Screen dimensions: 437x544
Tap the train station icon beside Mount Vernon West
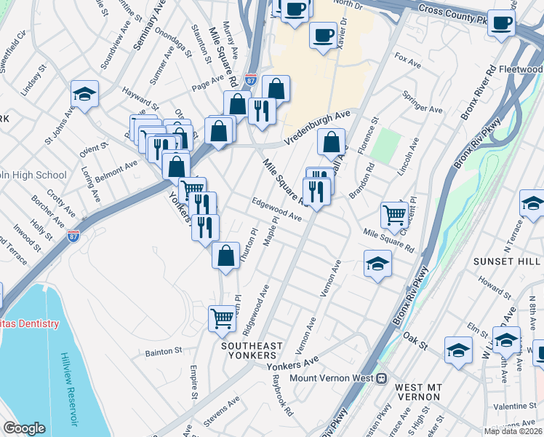pos(381,378)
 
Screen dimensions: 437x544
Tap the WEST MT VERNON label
pos(416,390)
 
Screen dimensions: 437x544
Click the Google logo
pos(24,428)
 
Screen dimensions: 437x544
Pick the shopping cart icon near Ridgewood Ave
pos(222,318)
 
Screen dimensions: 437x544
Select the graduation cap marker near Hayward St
pos(85,94)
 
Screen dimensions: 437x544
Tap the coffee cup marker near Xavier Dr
pos(323,34)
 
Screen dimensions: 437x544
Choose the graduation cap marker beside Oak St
pos(458,350)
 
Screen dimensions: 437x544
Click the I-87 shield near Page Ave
pos(251,79)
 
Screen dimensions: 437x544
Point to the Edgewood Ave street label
pos(276,210)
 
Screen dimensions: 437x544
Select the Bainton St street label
pos(163,351)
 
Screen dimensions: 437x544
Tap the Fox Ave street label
pos(407,57)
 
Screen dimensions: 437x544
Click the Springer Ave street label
pos(423,103)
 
